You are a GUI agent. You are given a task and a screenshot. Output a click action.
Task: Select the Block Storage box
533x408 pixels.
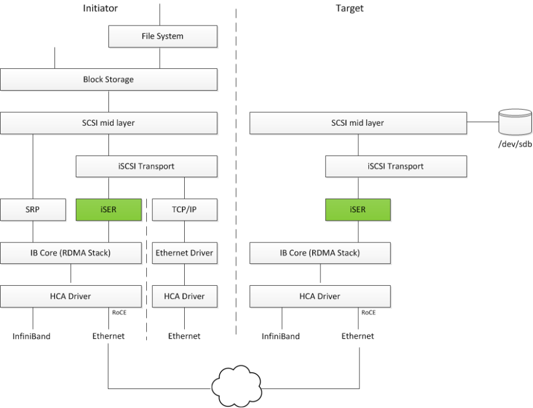point(109,79)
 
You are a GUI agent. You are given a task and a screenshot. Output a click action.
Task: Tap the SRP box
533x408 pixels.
point(33,209)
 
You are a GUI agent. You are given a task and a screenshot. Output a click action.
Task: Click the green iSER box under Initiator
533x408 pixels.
point(109,209)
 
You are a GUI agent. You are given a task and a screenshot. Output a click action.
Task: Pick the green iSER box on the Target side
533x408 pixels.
point(358,209)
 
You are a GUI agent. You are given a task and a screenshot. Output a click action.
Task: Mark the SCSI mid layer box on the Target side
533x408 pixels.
point(357,123)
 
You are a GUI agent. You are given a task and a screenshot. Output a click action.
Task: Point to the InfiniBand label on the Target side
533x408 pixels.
point(281,336)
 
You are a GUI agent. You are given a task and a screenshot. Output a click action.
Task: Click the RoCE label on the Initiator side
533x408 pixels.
point(120,313)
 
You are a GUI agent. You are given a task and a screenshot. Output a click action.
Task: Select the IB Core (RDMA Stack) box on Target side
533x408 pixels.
point(320,253)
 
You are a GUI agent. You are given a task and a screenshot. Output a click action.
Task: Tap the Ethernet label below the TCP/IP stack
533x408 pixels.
point(184,336)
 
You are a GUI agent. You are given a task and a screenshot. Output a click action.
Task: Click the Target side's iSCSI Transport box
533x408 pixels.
point(396,166)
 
